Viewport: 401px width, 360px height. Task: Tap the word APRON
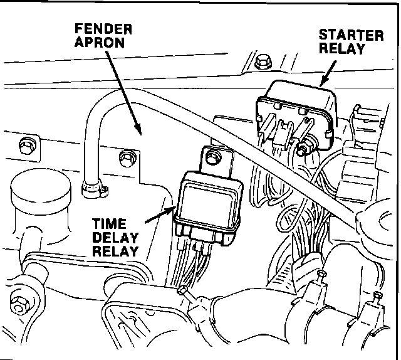point(100,45)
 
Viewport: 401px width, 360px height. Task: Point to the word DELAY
point(115,239)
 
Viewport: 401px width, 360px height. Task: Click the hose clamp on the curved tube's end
point(92,186)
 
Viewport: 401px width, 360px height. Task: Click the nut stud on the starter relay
point(303,149)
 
